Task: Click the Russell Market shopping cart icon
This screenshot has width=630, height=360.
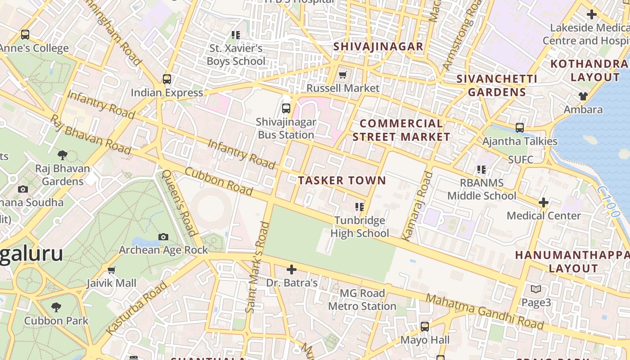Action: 343,75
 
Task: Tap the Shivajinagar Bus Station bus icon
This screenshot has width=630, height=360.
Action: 286,108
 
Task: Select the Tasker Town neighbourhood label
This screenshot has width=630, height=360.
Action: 342,180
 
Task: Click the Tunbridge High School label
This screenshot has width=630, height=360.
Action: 360,227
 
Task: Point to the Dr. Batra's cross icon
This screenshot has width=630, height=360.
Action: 292,270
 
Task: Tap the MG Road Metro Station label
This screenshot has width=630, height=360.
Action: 362,300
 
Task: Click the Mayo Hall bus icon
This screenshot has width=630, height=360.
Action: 425,327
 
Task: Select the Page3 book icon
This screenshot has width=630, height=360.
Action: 536,289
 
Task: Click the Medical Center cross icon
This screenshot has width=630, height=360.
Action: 544,202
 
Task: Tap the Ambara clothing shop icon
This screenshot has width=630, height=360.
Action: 583,96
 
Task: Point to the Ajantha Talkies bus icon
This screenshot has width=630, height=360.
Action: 520,128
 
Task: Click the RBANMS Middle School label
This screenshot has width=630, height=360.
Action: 481,189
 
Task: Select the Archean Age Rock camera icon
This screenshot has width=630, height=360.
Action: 163,237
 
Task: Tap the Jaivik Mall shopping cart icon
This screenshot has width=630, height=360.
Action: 112,270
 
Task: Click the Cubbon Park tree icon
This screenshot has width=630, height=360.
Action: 56,307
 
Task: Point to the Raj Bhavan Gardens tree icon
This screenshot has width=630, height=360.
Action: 63,155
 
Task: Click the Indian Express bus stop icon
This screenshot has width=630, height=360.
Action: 167,79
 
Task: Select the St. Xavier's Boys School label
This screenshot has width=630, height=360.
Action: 236,54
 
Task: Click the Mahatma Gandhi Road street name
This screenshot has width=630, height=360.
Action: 484,311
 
